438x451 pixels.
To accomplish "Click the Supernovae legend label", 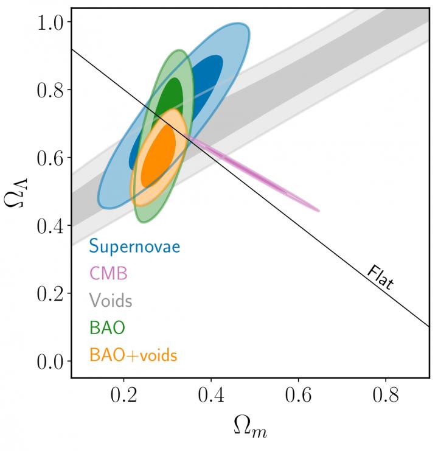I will coord(134,246).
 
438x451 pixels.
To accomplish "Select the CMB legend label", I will coord(108,273).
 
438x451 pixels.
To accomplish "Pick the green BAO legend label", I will coord(107,327).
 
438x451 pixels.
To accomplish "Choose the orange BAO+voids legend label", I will coord(133,354).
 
